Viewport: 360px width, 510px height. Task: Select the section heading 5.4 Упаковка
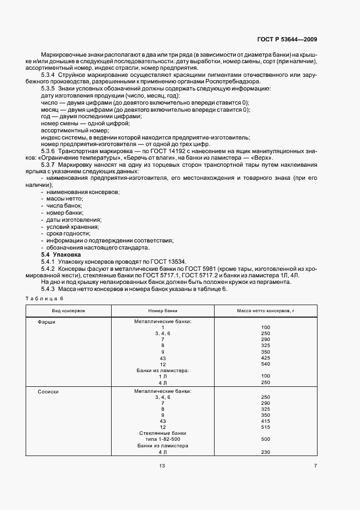click(61, 255)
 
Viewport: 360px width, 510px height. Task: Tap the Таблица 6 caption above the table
click(45, 298)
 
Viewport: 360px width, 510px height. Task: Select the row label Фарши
click(46, 321)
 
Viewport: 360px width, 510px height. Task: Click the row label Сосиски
click(48, 391)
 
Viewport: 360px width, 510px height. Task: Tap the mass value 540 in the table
click(266, 363)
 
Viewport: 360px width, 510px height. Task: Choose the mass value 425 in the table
click(266, 357)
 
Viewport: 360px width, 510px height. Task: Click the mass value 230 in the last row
click(266, 452)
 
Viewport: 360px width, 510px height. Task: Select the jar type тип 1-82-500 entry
click(162, 439)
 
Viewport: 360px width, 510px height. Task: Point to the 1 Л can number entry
click(162, 377)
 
